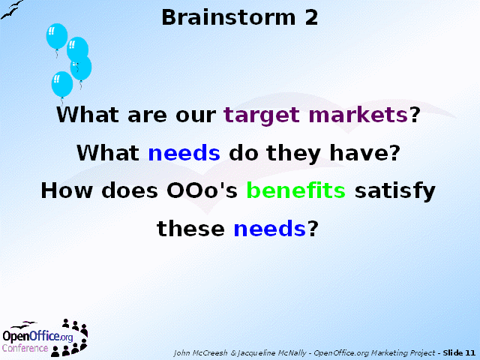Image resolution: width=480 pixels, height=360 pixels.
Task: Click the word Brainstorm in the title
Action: tap(229, 17)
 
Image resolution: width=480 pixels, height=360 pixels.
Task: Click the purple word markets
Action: tap(358, 115)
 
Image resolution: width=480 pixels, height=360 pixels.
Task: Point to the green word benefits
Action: tap(296, 190)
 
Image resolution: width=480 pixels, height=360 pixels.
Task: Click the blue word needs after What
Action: tap(184, 152)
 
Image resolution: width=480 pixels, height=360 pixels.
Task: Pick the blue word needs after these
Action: tap(270, 228)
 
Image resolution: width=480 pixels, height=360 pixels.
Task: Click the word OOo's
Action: tap(202, 190)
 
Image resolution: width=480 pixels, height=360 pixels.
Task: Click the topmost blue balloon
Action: tap(57, 36)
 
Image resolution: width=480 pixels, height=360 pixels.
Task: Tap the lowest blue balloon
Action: tap(62, 85)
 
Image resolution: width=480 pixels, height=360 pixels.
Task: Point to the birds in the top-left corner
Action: tap(12, 10)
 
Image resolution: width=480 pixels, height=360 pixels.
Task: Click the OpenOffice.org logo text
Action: tap(38, 336)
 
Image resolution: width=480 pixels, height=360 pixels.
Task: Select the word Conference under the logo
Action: tap(25, 348)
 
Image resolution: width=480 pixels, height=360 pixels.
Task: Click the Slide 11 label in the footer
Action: tap(459, 353)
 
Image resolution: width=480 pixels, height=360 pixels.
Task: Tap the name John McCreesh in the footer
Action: tap(201, 353)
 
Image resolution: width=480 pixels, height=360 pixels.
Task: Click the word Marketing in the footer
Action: tap(390, 353)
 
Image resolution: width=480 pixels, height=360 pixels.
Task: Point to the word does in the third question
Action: tap(130, 190)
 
